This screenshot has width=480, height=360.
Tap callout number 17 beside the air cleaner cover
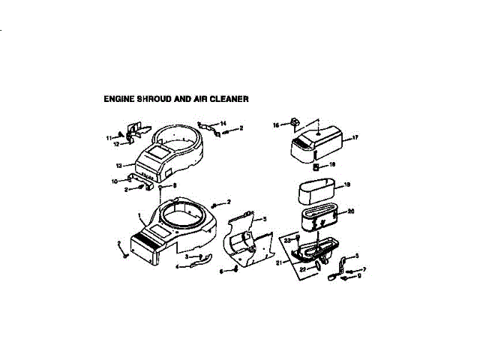point(355,137)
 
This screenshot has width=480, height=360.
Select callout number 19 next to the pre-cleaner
point(347,184)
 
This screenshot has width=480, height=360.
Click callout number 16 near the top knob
point(276,125)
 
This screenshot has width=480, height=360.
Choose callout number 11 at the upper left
point(108,137)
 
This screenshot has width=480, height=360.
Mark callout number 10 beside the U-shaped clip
point(115,181)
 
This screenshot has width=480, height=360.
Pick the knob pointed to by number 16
point(295,121)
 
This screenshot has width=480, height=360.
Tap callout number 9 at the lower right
point(359,276)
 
